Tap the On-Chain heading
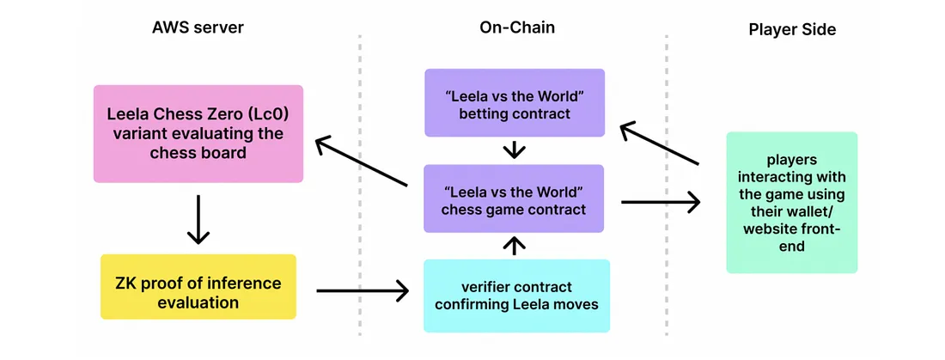coord(516,27)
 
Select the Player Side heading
coord(792,29)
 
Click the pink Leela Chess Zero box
coord(198,133)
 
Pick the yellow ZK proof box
coord(198,293)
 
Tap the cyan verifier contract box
coord(516,296)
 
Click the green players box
coord(791,202)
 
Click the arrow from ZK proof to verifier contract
coord(362,291)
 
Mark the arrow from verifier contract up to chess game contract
coord(514,247)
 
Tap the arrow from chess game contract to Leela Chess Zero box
coord(361,162)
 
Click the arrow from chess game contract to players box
coord(660,203)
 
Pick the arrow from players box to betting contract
coord(660,143)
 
